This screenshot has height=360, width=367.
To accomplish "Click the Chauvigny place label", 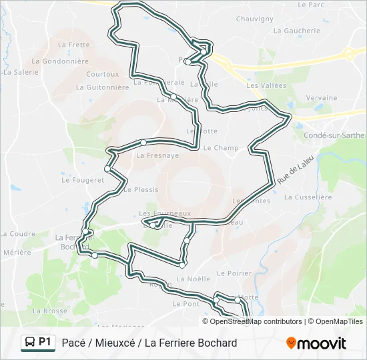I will click(x=255, y=19).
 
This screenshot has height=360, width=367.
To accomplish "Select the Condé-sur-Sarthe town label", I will click(x=334, y=135).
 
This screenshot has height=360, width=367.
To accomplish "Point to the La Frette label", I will click(x=73, y=45).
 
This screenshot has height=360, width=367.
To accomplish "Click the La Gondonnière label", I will click(x=60, y=61).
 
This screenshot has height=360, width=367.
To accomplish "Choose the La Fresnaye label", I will click(x=157, y=155).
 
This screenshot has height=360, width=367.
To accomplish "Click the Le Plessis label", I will click(x=141, y=189).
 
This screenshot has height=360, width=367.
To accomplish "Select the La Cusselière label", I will click(x=308, y=197).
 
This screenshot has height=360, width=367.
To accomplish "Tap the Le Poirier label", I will click(x=235, y=273).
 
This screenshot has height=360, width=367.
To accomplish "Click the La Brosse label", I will click(x=49, y=311).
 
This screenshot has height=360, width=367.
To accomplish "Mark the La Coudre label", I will click(x=17, y=234).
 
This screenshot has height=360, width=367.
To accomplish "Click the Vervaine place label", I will click(x=322, y=98).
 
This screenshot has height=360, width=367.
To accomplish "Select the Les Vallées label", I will click(x=266, y=85).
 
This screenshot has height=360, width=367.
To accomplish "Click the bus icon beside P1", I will click(x=30, y=343).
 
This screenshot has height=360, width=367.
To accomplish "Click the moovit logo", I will click(x=316, y=343).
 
